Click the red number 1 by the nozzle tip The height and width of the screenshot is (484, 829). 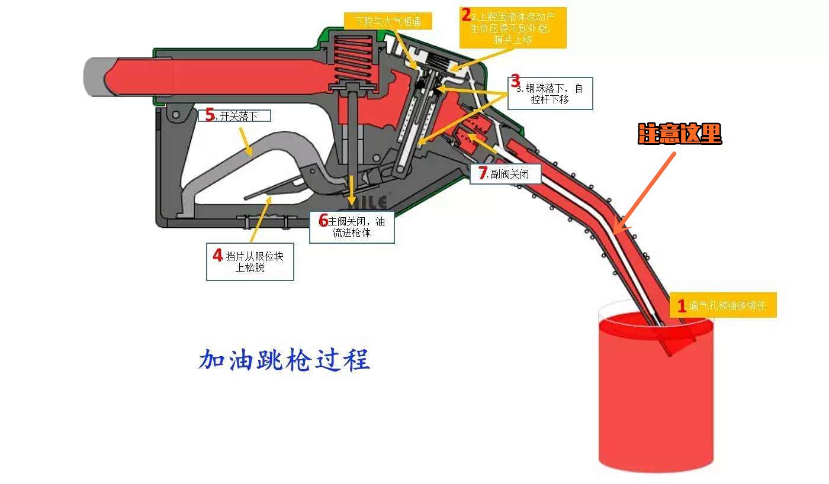click(x=682, y=306)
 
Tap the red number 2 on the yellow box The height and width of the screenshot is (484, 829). click(x=467, y=15)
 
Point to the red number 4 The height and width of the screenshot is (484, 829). click(x=218, y=255)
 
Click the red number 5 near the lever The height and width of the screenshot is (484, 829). click(x=210, y=115)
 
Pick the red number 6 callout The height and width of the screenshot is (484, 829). click(x=323, y=221)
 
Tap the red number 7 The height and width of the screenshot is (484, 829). click(x=483, y=174)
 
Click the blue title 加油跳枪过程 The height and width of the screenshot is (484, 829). click(x=284, y=359)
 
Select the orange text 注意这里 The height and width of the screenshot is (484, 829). click(x=680, y=135)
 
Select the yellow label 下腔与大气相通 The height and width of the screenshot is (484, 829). click(x=388, y=21)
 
